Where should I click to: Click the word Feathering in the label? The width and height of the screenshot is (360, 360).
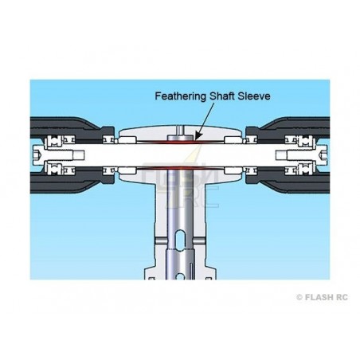point(180,96)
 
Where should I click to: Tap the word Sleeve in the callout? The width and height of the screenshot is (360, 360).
point(254,96)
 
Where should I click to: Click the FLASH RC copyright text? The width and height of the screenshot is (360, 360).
point(322,297)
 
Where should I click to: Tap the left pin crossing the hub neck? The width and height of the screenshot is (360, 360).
point(161,241)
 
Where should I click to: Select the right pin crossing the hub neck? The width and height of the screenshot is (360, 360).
point(200,241)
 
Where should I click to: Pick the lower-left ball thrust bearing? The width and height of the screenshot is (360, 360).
point(56,169)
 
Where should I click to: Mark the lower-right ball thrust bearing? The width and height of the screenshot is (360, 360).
point(304,169)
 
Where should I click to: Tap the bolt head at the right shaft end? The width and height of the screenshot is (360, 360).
point(323,155)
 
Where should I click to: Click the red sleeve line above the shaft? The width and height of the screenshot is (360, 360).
point(181,143)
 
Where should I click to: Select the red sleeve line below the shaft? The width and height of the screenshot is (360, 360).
point(181,167)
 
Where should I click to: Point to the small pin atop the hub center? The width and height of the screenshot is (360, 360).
point(181,130)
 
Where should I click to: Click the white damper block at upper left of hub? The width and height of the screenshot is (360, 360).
point(127,139)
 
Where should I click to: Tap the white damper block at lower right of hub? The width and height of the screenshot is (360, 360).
point(233,170)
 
